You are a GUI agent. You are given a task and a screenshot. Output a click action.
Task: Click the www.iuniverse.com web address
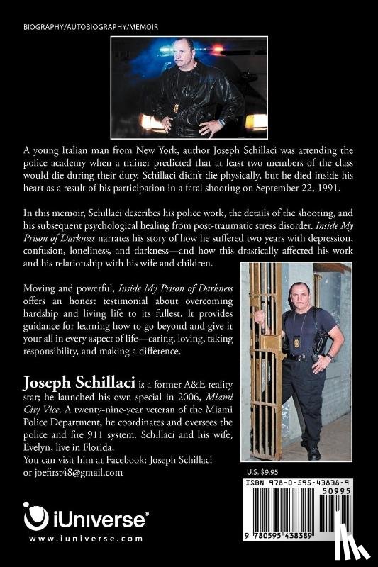(77, 538)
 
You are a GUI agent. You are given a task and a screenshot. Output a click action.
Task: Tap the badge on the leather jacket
(176, 107)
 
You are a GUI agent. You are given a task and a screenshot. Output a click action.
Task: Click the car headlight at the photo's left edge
(151, 122)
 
